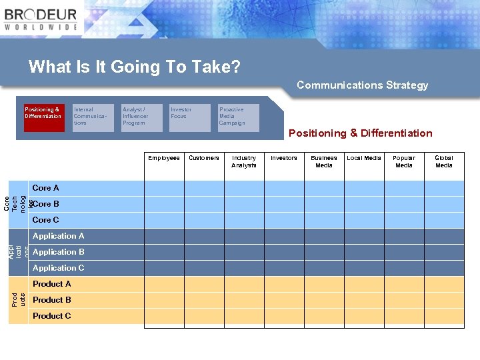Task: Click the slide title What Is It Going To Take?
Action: [134, 67]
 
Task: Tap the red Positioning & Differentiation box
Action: [44, 117]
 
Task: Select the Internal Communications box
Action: [93, 117]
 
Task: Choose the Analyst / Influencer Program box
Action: [142, 117]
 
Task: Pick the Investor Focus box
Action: [190, 117]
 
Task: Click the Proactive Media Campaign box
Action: [239, 117]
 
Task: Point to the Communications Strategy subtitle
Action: [362, 85]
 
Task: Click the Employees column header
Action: [164, 159]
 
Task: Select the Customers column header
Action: [204, 159]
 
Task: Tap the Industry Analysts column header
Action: [244, 162]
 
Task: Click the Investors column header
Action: [284, 159]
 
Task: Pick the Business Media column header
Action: [324, 162]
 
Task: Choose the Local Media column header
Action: [364, 159]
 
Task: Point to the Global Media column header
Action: [444, 162]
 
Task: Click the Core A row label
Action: [46, 188]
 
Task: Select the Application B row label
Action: [59, 252]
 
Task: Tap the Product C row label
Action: [52, 316]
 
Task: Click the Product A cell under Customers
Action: [204, 284]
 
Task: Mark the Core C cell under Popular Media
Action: [404, 220]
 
